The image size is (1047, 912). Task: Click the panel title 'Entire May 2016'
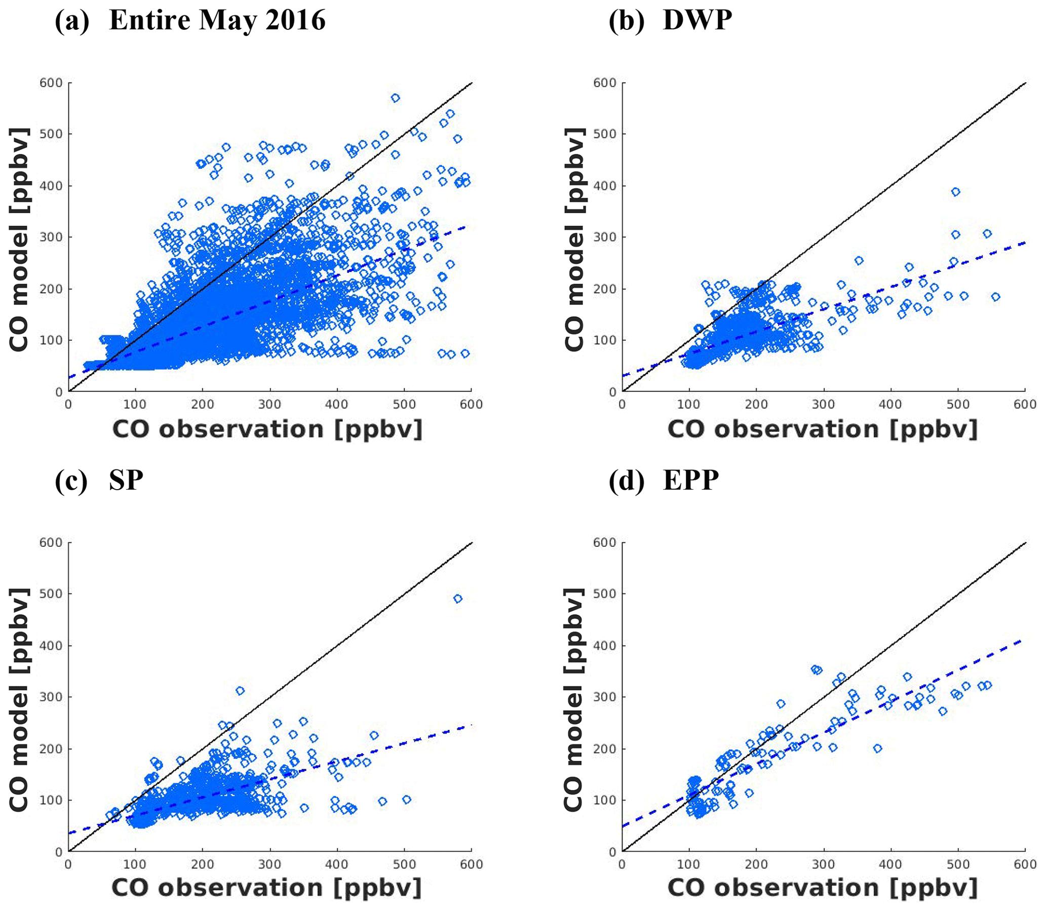(217, 21)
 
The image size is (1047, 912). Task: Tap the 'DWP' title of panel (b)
(697, 21)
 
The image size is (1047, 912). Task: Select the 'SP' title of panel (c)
(126, 480)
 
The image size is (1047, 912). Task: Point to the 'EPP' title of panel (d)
(691, 480)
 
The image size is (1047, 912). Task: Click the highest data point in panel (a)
(396, 98)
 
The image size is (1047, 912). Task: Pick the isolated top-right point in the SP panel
(457, 599)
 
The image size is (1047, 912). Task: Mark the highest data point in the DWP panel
(955, 192)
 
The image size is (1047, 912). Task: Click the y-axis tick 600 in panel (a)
(51, 83)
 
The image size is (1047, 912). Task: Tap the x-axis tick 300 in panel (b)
(824, 405)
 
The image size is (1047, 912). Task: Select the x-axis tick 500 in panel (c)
(404, 864)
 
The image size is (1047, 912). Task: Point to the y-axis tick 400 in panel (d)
(605, 645)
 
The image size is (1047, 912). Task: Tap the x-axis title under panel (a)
(267, 429)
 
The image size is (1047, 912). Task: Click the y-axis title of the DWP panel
(574, 239)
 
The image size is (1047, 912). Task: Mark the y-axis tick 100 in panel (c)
(51, 800)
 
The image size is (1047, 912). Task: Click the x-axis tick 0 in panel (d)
(622, 864)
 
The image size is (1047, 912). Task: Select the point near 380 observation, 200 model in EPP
(877, 748)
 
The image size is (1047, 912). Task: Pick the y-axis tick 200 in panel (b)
(605, 289)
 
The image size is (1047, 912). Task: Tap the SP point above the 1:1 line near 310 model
(240, 691)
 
